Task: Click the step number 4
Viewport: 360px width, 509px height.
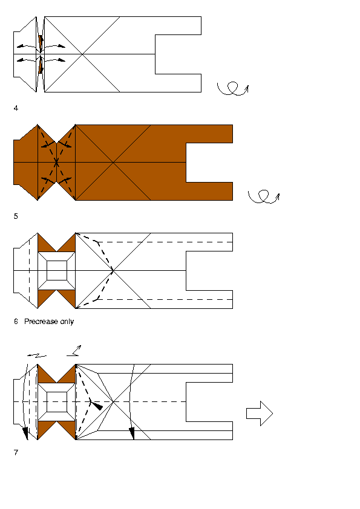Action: pos(16,108)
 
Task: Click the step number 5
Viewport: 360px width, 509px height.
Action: pos(16,216)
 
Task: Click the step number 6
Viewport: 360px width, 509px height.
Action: pos(16,322)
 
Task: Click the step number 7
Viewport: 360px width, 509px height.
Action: pos(16,452)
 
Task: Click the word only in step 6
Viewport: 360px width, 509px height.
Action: pos(67,322)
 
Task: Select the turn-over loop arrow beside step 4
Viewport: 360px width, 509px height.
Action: pos(232,89)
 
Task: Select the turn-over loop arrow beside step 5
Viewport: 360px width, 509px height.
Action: pos(264,196)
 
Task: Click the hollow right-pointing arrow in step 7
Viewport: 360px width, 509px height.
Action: pos(260,413)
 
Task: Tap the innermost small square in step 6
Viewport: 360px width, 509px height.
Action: pos(57,270)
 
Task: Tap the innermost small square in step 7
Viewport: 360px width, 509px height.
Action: pos(57,402)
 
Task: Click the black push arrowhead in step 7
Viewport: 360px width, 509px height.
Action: pos(97,406)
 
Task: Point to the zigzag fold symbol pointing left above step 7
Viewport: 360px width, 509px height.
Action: pos(37,356)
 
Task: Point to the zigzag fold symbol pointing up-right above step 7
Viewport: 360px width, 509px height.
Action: pos(74,351)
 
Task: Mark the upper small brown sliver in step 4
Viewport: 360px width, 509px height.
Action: pos(41,42)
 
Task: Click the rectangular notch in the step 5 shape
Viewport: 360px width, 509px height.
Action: pos(209,162)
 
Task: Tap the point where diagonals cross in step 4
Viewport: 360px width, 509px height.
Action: pos(82,54)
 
